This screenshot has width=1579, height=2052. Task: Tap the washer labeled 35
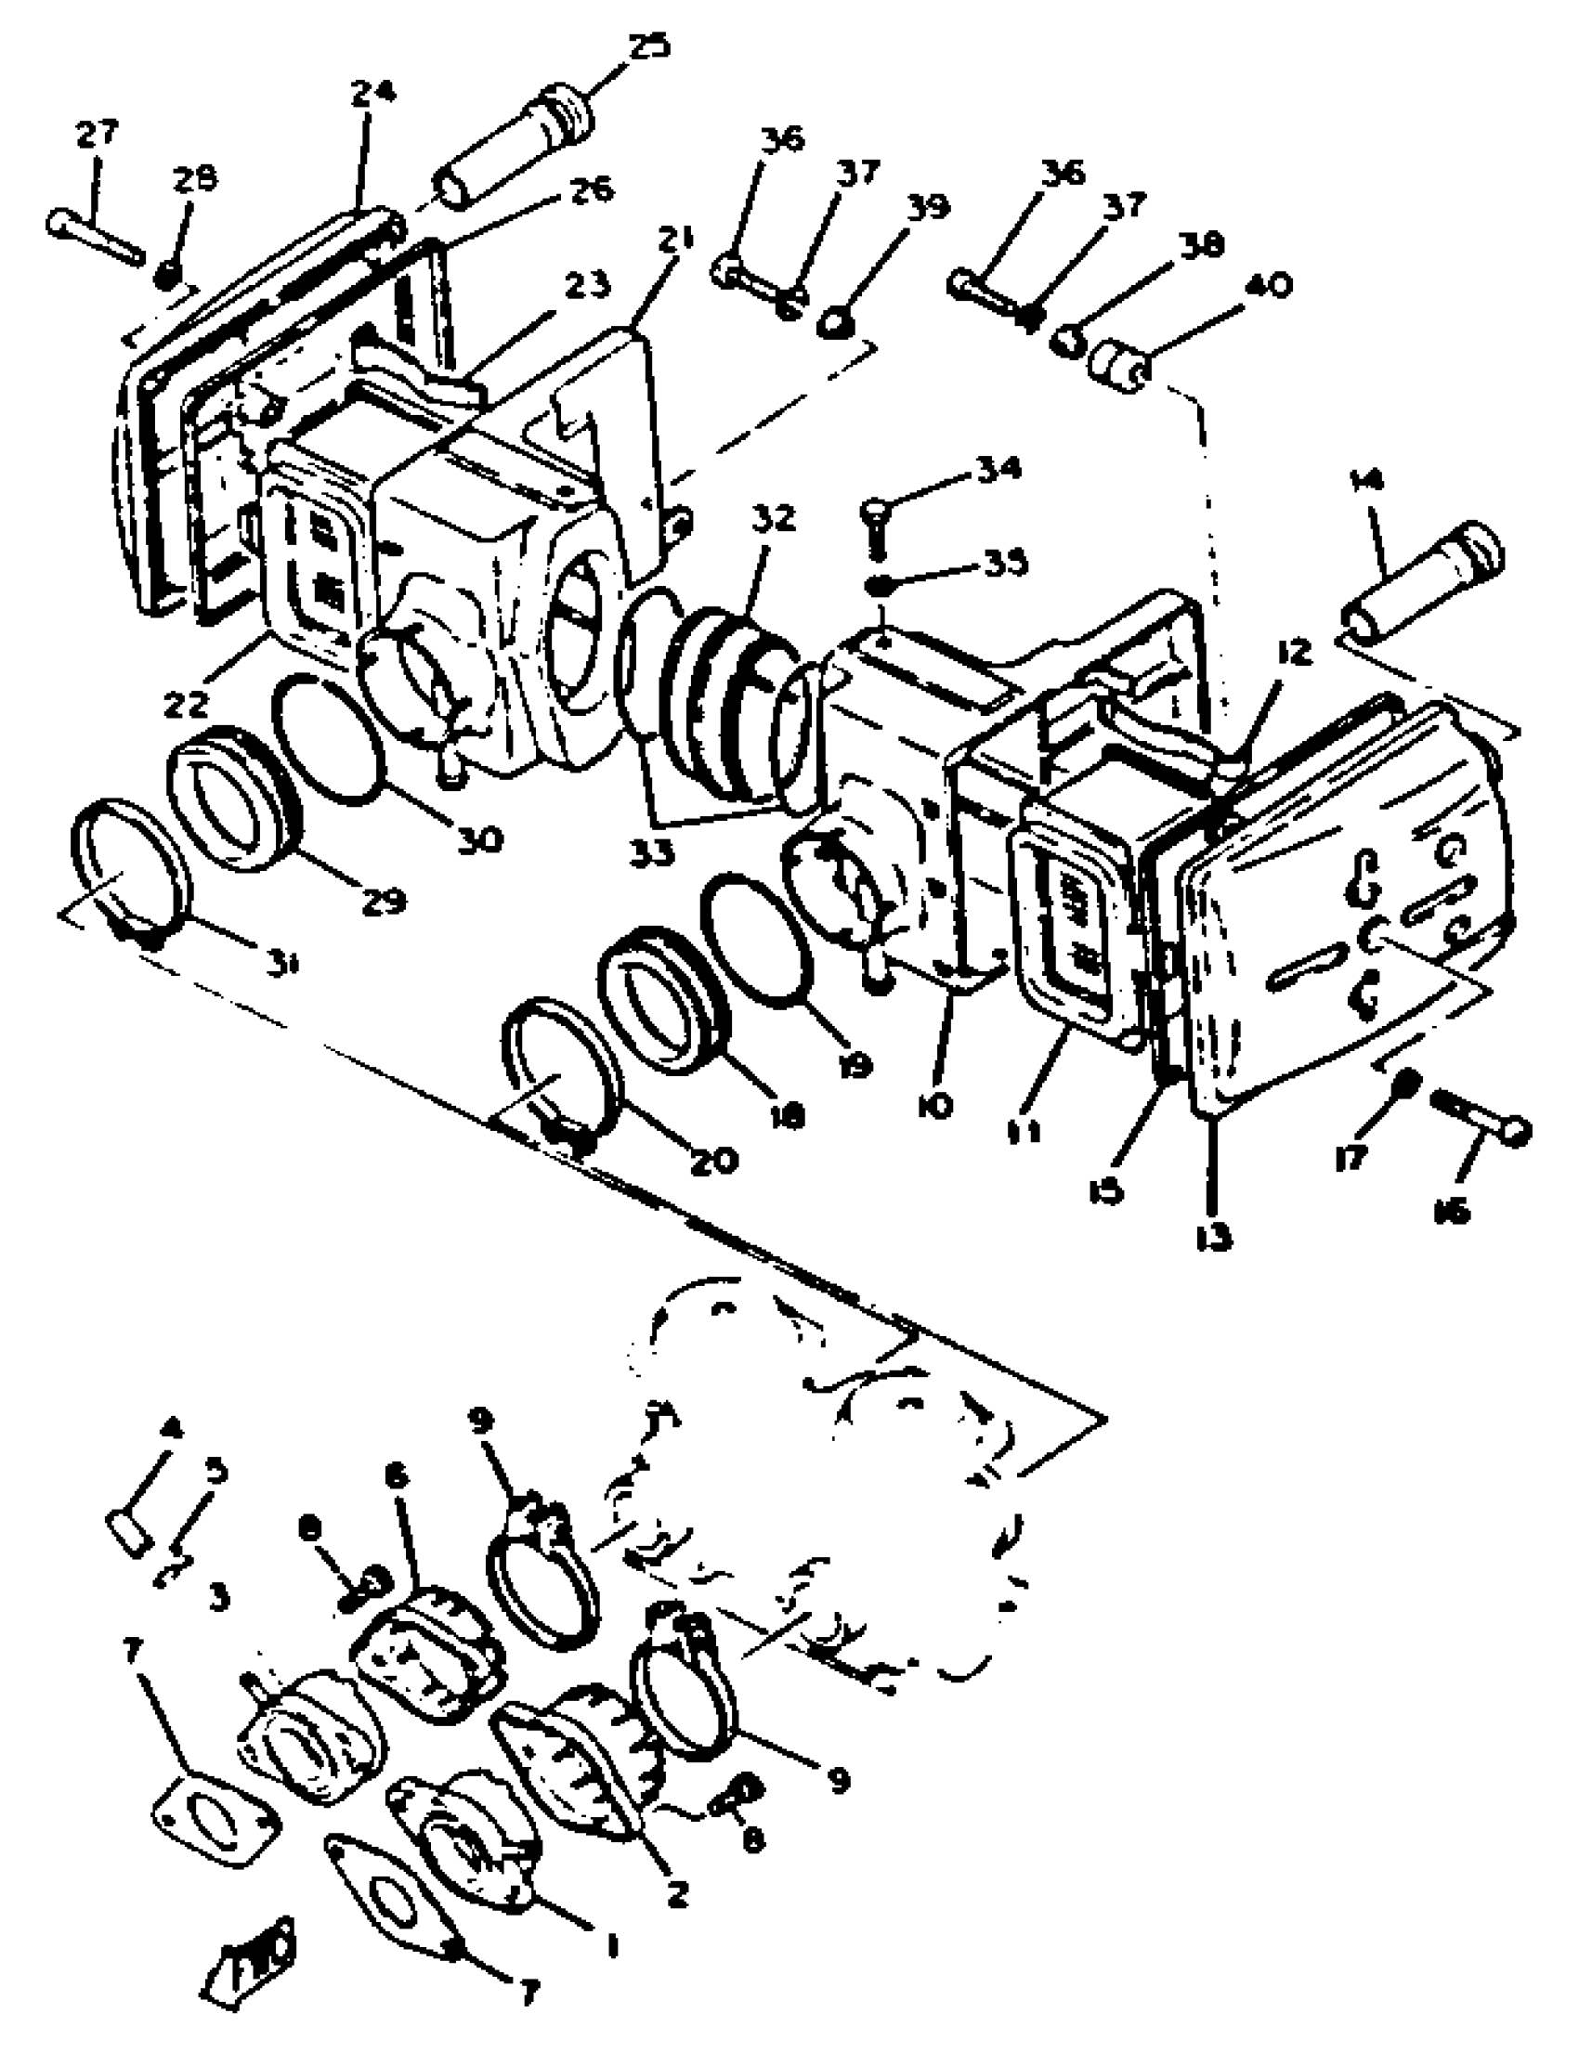click(x=884, y=585)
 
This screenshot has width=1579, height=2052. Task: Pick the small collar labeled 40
click(x=1116, y=366)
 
